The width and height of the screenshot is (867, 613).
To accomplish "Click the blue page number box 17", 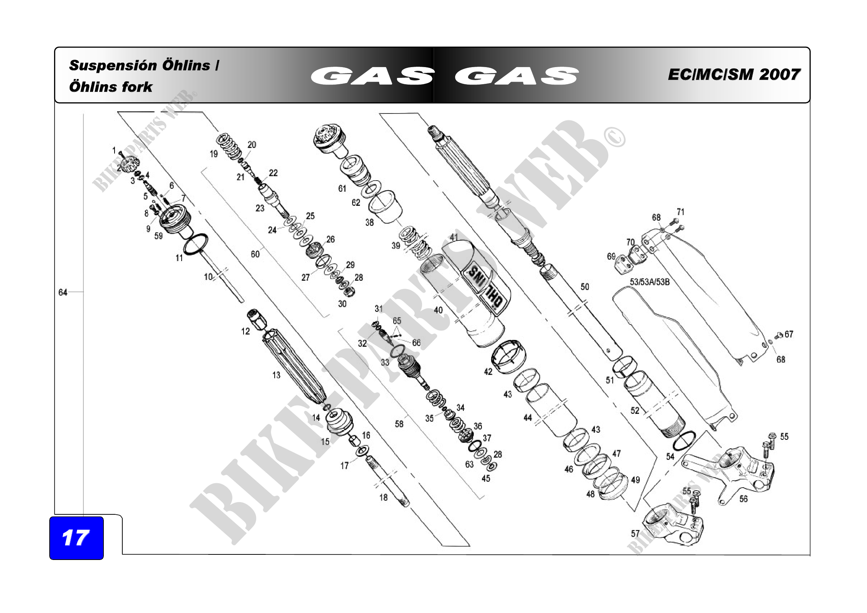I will point(76,538).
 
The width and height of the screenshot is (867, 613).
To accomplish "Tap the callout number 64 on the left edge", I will point(63,292).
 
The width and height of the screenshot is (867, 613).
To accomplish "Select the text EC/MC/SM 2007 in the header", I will point(734,75).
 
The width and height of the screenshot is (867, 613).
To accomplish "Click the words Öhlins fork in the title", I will point(110,87).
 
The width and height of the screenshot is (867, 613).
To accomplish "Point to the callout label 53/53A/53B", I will point(649,282).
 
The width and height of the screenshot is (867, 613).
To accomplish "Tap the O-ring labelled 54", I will point(684,441).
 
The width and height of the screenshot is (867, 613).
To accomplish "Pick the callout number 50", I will point(585,287).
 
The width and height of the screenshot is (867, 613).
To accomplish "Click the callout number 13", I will point(277,375).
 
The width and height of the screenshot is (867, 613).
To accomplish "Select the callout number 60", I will point(255,254).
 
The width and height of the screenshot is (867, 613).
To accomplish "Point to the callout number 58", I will point(399,424).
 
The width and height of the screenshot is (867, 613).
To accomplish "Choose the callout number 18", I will point(383,497).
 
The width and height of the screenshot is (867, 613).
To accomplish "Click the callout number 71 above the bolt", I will point(681,212).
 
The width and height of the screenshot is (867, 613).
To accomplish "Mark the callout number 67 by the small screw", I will point(789,334).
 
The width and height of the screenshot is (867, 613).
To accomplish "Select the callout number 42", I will point(488,372).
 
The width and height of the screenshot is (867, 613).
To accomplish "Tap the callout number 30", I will point(342,304).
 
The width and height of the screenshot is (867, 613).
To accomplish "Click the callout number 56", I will point(743,499).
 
